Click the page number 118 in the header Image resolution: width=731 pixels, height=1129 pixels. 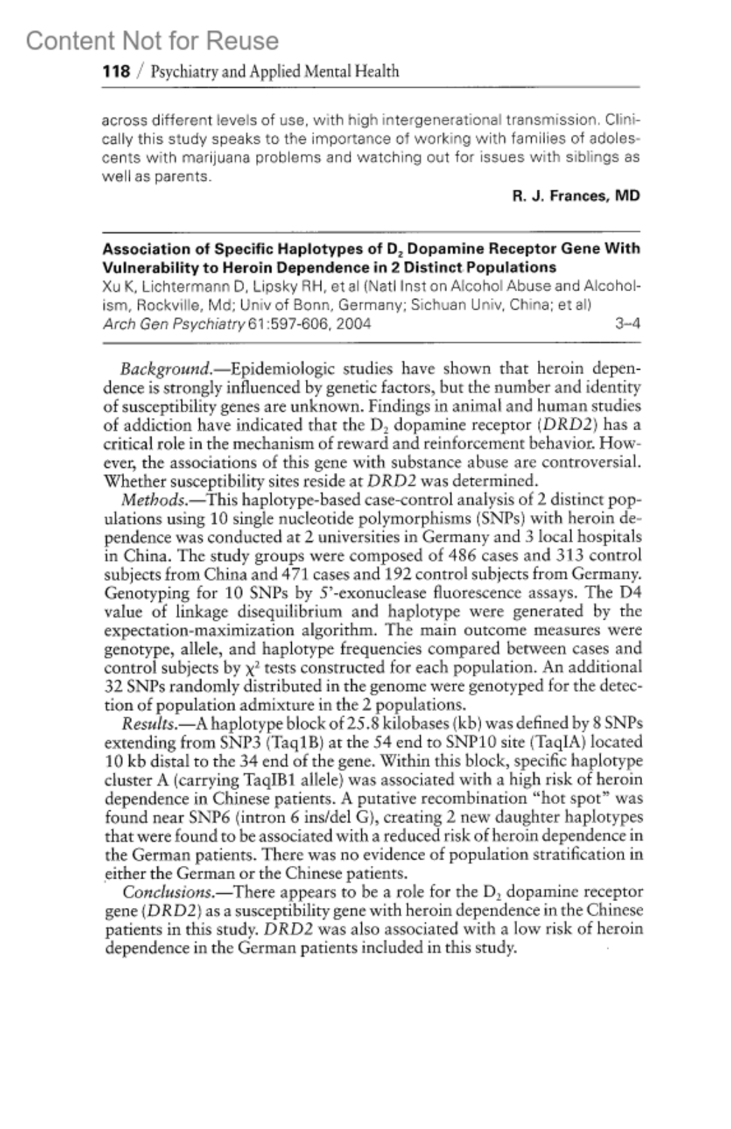116,72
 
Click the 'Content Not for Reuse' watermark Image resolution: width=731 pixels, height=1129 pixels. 152,41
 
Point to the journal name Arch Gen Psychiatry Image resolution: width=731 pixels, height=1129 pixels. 174,324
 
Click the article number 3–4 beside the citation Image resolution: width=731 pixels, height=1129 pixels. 627,324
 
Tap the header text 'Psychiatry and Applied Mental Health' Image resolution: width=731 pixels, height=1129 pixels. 275,72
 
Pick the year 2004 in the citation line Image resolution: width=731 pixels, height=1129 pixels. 353,324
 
